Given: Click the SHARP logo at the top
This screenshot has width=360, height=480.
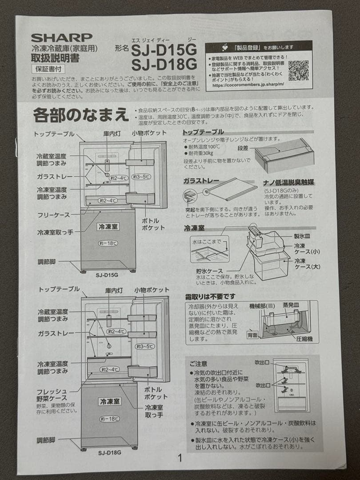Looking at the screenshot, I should point(61,37).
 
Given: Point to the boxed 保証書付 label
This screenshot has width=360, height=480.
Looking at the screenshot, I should point(48,69).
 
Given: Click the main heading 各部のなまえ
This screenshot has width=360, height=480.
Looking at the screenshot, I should point(80,115).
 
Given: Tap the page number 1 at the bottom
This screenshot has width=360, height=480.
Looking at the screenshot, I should point(180,458).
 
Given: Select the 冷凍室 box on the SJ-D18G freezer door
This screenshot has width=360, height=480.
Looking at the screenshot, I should point(109,401).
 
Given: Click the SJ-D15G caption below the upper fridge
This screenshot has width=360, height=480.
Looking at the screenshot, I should point(107,275).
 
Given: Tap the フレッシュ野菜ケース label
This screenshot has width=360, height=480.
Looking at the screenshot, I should point(52,395).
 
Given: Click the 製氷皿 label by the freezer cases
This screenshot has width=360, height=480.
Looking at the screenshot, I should point(302,236).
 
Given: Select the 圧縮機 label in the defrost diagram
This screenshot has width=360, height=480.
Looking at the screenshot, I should point(304,339).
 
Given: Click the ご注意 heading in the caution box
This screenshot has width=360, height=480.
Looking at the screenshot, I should point(198,364).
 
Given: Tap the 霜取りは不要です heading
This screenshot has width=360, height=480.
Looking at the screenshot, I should point(210,296).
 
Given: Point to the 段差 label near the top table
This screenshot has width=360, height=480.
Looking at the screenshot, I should point(243,148).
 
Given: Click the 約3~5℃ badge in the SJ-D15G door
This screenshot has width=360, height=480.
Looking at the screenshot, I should point(143,177).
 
